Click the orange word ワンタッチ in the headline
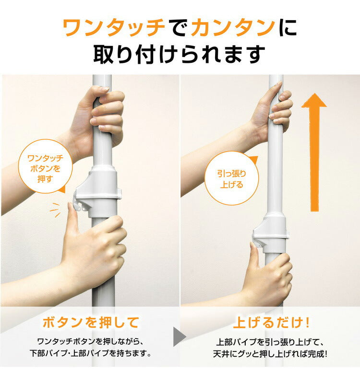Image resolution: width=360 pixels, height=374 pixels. coord(114,29)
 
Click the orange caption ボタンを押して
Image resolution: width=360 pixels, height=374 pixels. coord(91,322)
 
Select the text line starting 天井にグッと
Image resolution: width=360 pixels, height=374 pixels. coord(272,354)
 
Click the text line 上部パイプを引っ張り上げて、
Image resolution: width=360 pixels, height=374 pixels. coord(272,342)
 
